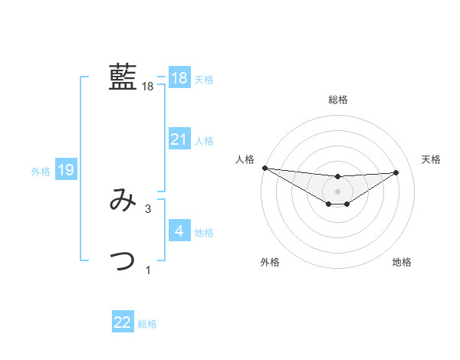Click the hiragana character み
click(123, 201)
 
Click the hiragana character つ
click(123, 260)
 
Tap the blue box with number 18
click(179, 78)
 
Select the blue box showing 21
click(179, 139)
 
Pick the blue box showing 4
click(179, 231)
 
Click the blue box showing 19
click(66, 170)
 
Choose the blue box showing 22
click(123, 322)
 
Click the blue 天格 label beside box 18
click(204, 79)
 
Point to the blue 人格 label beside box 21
click(204, 140)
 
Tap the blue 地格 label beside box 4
click(204, 232)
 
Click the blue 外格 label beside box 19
click(41, 172)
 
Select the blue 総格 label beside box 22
click(148, 324)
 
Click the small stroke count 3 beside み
click(148, 208)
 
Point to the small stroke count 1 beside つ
click(148, 270)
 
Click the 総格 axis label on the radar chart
click(338, 100)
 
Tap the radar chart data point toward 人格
click(264, 168)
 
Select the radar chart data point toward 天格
click(396, 172)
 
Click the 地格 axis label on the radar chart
click(402, 262)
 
